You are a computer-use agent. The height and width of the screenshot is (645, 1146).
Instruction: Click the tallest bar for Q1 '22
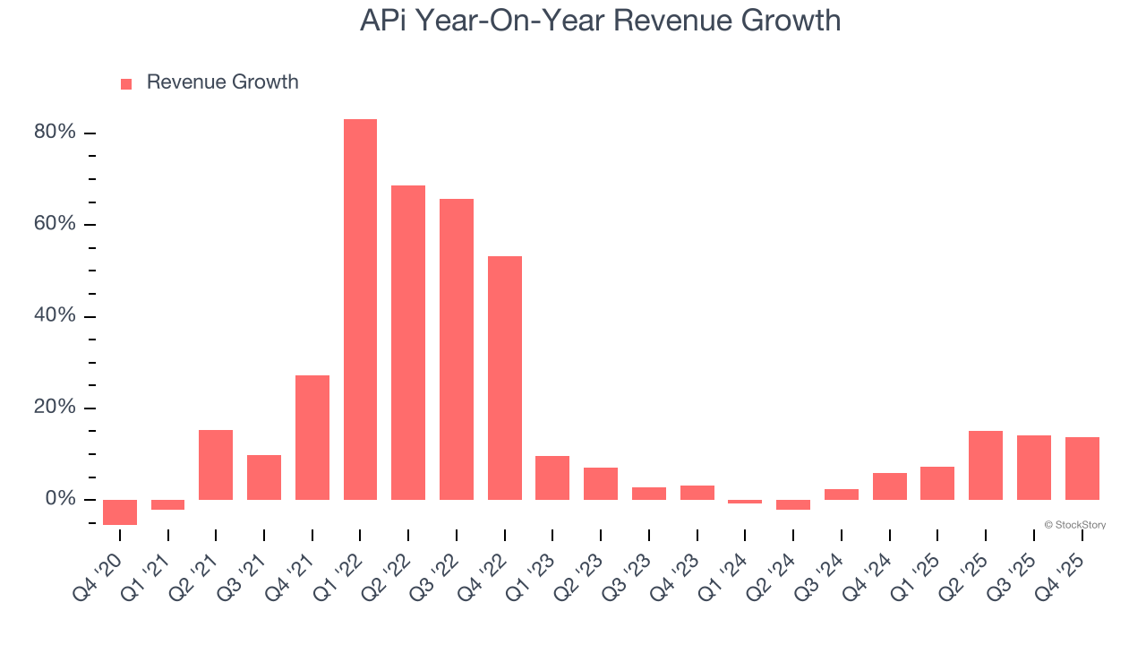point(360,309)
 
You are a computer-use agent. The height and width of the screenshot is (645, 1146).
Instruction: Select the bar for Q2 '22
point(408,342)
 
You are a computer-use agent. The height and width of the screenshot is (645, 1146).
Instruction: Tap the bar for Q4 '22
point(505,378)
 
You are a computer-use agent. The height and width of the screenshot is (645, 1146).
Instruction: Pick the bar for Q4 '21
point(312,437)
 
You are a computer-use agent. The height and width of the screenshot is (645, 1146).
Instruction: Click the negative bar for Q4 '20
point(120,512)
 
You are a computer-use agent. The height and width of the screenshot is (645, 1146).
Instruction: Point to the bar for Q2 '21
point(216,464)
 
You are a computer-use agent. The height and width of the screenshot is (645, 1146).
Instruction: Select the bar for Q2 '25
point(986,465)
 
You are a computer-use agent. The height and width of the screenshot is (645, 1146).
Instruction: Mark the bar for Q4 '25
point(1082,468)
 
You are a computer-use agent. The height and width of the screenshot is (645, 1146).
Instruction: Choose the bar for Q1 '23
point(552,477)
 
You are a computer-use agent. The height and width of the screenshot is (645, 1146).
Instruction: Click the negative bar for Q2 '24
point(793,504)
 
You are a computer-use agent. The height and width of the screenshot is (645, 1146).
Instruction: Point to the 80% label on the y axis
point(55,133)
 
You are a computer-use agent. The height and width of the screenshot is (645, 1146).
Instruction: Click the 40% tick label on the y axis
point(55,316)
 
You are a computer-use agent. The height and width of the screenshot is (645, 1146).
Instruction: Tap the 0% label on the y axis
point(60,499)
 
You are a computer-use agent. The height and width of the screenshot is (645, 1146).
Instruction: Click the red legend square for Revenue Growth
point(126,83)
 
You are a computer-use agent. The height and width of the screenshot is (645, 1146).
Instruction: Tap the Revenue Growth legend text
point(222,82)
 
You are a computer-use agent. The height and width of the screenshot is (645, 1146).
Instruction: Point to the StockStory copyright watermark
point(1074,525)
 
